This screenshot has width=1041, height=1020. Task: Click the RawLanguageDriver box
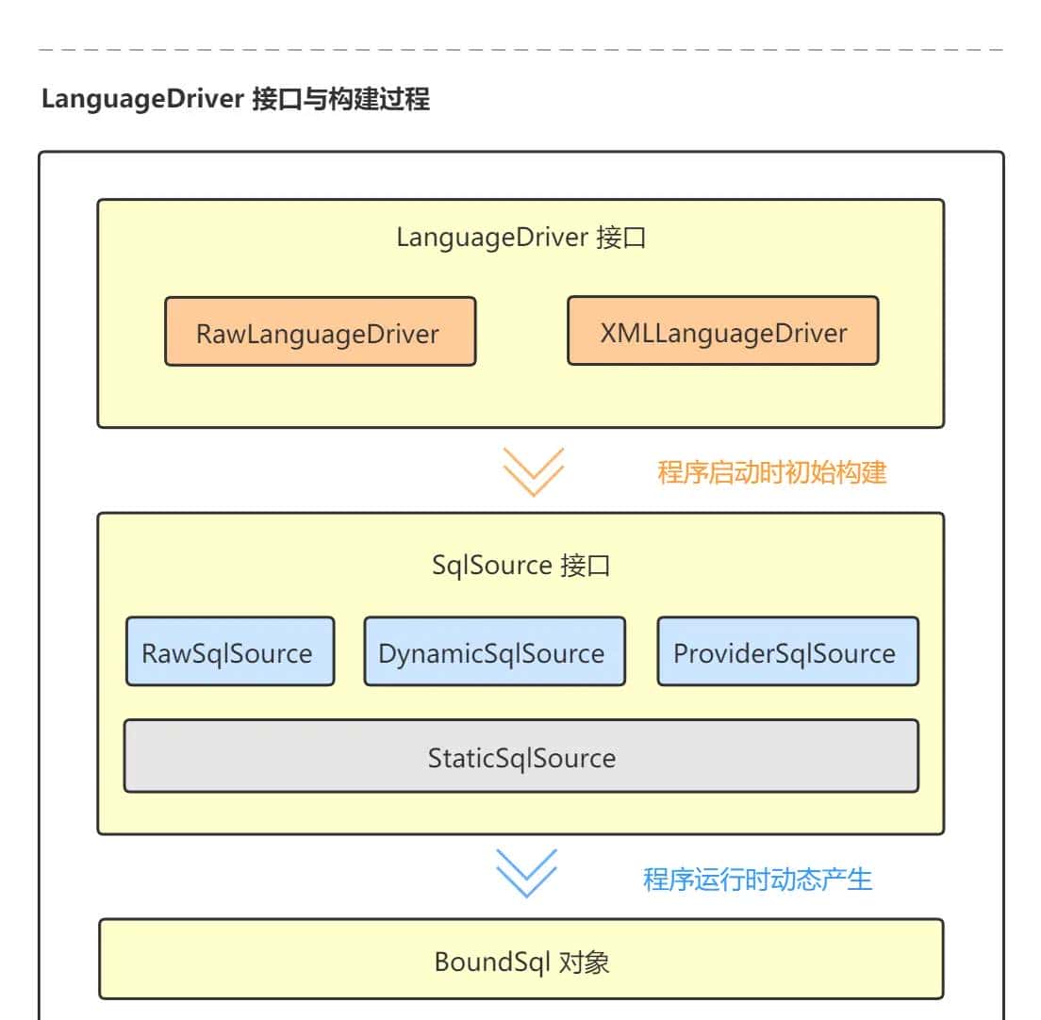point(320,332)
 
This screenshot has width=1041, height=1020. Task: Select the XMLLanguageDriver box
point(722,331)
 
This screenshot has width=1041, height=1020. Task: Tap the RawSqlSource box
point(229,651)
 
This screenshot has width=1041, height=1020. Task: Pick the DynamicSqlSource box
point(494,651)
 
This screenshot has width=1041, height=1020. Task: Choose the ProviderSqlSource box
point(787,651)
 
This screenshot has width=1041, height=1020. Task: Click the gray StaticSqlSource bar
point(520,757)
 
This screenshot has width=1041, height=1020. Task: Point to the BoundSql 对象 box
point(520,960)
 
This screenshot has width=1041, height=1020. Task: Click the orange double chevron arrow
point(533,470)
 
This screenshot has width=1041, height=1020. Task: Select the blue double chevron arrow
point(526,872)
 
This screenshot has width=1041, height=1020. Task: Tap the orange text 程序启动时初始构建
point(771,471)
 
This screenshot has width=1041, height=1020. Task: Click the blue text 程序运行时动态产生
point(757,879)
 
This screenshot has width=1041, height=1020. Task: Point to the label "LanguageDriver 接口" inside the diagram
point(520,237)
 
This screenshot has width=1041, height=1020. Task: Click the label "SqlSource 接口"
point(520,565)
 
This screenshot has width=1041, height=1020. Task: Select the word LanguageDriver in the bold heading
point(143,99)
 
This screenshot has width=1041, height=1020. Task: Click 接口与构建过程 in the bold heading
point(341,99)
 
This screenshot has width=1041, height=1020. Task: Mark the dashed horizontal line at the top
point(520,48)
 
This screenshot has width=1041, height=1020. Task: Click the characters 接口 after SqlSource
point(586,565)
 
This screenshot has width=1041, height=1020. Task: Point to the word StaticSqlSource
point(520,757)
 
